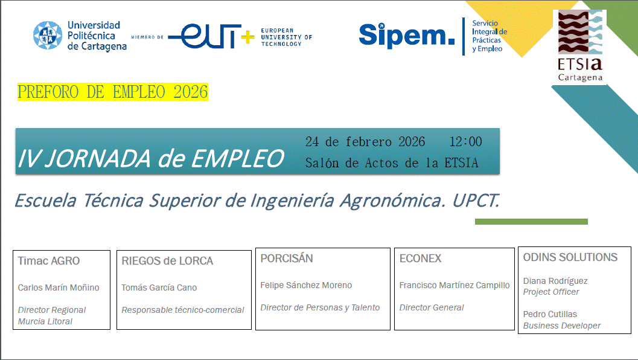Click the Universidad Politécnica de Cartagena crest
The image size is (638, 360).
point(48,36)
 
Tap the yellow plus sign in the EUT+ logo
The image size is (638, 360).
point(247,36)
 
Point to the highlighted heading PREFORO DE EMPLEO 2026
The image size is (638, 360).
point(113,92)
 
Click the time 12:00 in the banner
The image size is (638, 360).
point(465,142)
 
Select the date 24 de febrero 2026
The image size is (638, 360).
point(365,142)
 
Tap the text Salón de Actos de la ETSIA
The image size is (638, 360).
point(392,163)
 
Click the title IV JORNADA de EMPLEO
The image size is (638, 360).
point(151,158)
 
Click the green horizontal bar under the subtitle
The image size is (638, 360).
point(531,222)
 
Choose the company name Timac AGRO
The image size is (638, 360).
point(49,261)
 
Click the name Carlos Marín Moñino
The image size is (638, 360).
point(59,288)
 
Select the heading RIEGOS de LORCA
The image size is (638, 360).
point(167,261)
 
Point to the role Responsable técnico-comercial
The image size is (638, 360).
point(183,310)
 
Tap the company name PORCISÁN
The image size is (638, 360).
point(287,259)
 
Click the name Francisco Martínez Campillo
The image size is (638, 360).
point(455,285)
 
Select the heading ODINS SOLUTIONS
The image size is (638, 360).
point(570,257)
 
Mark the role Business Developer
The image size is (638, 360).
point(562,326)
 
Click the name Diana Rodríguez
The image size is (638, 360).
point(555,281)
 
